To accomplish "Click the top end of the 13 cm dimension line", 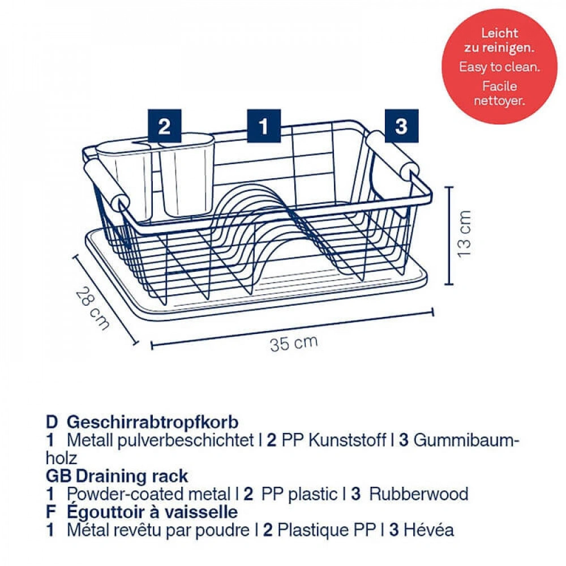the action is pos(449,187).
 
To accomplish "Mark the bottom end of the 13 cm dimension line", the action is pos(449,284).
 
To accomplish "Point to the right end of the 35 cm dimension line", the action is pos(432,312).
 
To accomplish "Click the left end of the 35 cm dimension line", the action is pos(152,345).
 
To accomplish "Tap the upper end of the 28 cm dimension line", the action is pos(75,257).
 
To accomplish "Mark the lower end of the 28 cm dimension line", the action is pos(136,342).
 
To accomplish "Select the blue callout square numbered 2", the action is pos(164,126).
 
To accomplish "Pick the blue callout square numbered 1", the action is pos(264,126).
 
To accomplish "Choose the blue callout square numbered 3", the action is pos(401,126).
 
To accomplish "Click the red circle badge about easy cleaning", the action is pos(499,66).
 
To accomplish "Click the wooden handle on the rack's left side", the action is pos(106,185).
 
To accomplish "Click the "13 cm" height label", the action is pos(464,234).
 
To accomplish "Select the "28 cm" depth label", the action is pos(92,308).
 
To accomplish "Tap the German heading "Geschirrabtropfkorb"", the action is pos(153,422).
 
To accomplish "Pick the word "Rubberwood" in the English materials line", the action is pos(419,494).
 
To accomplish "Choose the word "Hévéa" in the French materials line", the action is pos(428,530).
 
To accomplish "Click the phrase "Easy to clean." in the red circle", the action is pos(500,67).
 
